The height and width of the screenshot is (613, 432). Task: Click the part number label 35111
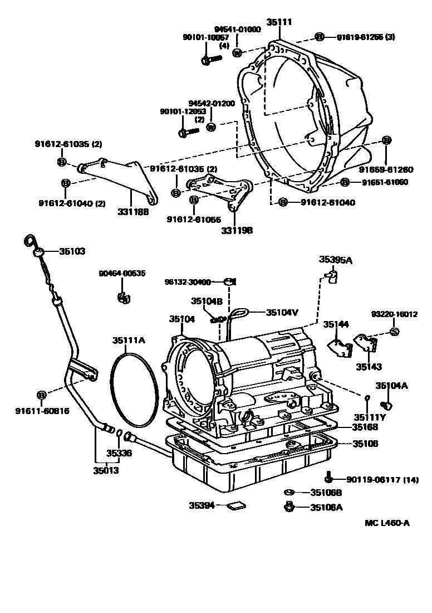pos(279,22)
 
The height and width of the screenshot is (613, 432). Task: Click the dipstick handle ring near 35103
pos(30,240)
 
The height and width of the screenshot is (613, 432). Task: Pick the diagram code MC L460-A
pos(387,523)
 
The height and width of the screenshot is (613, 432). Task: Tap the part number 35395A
pos(335,259)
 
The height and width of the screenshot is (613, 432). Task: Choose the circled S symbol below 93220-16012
pos(393,332)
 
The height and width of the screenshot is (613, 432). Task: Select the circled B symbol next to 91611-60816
pos(41,395)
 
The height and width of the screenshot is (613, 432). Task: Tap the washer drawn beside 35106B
pos(288,492)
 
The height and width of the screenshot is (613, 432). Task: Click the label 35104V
pos(282,313)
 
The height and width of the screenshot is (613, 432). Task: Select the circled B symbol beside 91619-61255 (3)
pos(320,37)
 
